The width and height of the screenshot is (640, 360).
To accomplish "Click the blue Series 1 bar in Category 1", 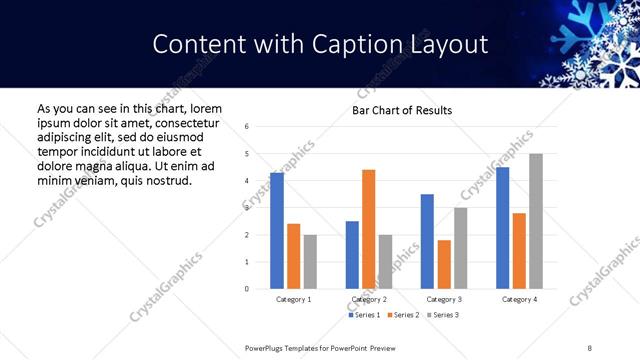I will (x=277, y=231).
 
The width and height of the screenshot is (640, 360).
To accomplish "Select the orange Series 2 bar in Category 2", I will (x=368, y=229).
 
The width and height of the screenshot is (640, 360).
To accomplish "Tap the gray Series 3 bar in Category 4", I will (x=536, y=221).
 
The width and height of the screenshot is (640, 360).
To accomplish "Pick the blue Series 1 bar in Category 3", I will (x=427, y=241).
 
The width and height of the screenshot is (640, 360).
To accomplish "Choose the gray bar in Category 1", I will (x=310, y=262).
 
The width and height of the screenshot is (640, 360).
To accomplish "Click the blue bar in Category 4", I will (x=503, y=228).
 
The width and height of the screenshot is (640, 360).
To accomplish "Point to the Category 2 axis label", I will (x=369, y=299).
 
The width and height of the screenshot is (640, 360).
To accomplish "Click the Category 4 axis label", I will (x=519, y=299).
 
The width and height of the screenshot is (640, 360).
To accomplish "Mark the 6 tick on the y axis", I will (x=247, y=127).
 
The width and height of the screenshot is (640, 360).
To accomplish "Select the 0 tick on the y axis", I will (x=247, y=289).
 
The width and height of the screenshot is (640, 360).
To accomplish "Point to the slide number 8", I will (x=590, y=347).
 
